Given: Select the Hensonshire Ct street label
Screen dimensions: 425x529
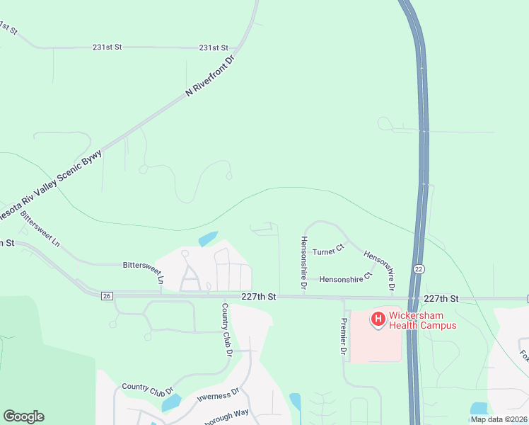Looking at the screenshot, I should tap(345, 278).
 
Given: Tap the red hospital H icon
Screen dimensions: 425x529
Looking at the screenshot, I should tap(378, 320).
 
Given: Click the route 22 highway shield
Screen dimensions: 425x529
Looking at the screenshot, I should tap(419, 269).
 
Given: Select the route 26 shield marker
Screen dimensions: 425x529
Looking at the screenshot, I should tap(107, 295).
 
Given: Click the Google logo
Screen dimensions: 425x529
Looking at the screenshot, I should tap(23, 416).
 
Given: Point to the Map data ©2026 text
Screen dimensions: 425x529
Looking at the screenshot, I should tap(499, 419).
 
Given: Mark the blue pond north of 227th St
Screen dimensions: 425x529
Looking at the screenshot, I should tap(208, 239).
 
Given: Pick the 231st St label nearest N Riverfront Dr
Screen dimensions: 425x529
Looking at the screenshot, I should tap(214, 48).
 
